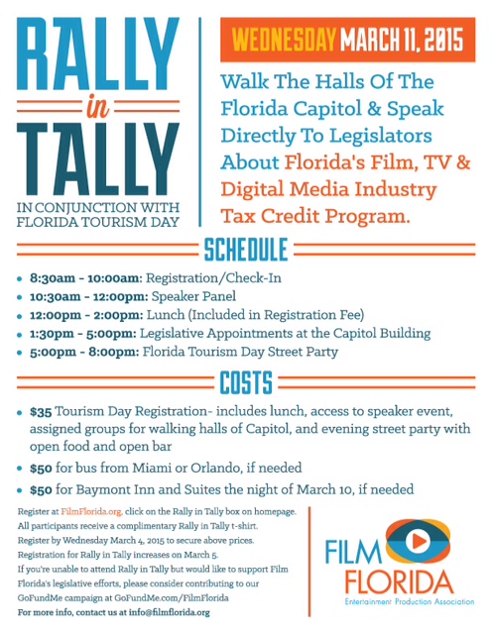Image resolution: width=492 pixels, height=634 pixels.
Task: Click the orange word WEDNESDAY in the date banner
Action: (284, 42)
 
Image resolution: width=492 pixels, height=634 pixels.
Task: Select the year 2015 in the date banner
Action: (439, 42)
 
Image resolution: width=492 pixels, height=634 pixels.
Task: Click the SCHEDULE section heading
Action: (246, 248)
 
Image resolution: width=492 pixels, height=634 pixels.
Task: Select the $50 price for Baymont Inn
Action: (41, 489)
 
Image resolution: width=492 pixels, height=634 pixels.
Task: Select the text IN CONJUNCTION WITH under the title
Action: (99, 207)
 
